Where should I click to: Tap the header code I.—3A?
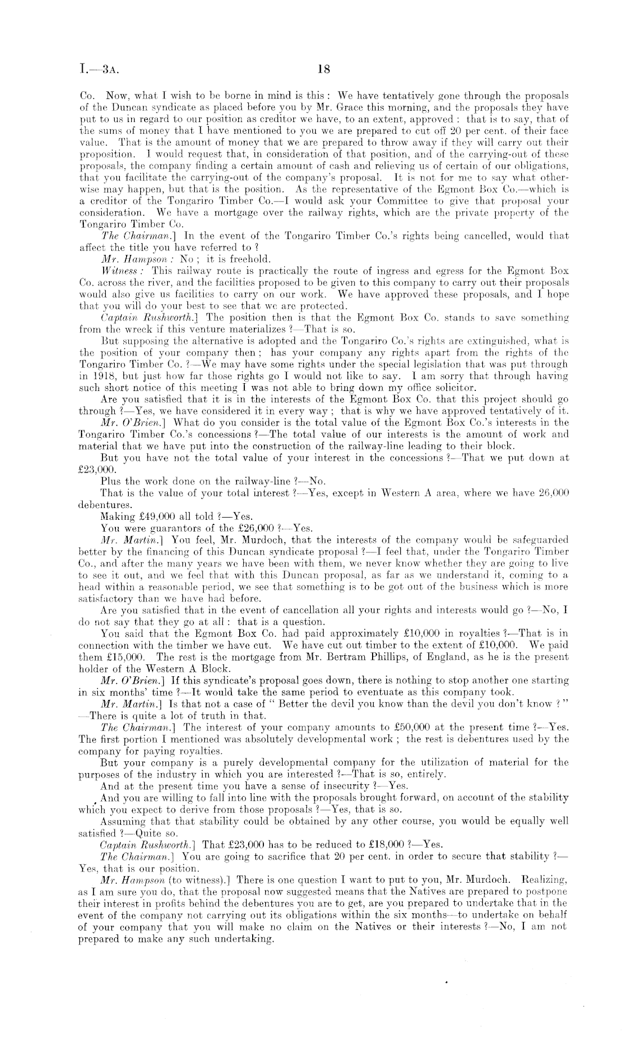[99, 70]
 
